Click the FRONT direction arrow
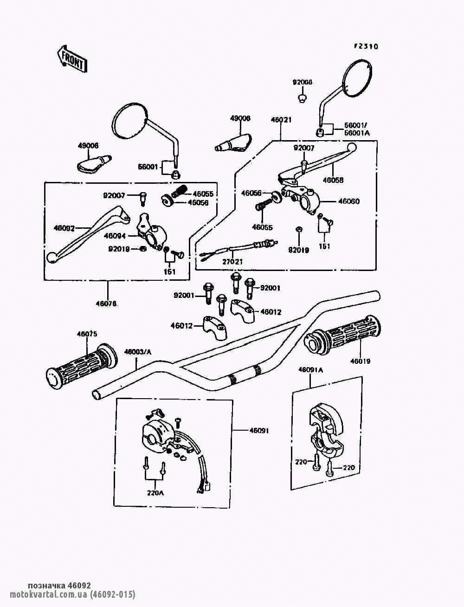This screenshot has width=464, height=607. (x=71, y=58)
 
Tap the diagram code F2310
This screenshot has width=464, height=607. (x=366, y=46)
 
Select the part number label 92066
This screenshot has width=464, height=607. (x=303, y=82)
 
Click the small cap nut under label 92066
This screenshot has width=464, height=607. (x=302, y=97)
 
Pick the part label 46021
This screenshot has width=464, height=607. (x=281, y=120)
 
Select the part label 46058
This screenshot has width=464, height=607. (x=334, y=180)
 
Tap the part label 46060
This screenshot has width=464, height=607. (x=349, y=201)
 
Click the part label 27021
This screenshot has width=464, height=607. (x=233, y=262)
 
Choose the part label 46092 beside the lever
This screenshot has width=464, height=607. (x=64, y=228)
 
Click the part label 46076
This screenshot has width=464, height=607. (x=106, y=304)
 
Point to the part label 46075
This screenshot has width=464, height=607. (x=87, y=334)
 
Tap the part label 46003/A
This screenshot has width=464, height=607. (x=138, y=352)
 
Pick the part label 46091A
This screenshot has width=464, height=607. (x=310, y=370)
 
